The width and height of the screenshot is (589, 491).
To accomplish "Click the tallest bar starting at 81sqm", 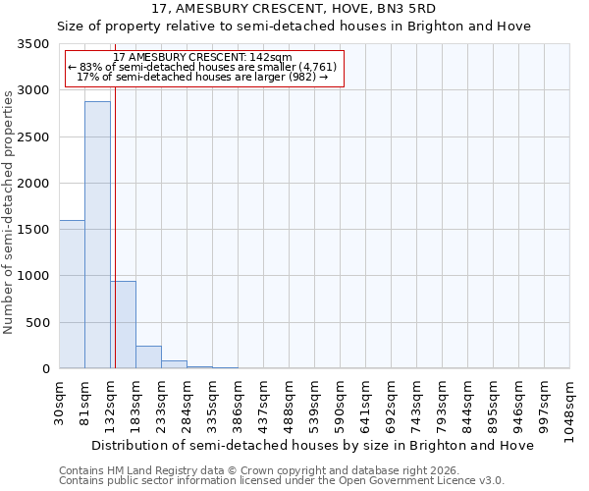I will (x=97, y=236).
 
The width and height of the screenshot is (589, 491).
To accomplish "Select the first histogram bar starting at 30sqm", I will (x=72, y=295).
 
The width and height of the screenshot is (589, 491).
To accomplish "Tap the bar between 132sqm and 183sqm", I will (x=124, y=325).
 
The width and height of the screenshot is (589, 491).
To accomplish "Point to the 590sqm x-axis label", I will (x=341, y=402).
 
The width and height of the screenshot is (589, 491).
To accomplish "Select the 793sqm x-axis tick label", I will (x=443, y=402).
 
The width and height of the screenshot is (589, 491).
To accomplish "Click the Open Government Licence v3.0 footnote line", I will (x=282, y=481).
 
